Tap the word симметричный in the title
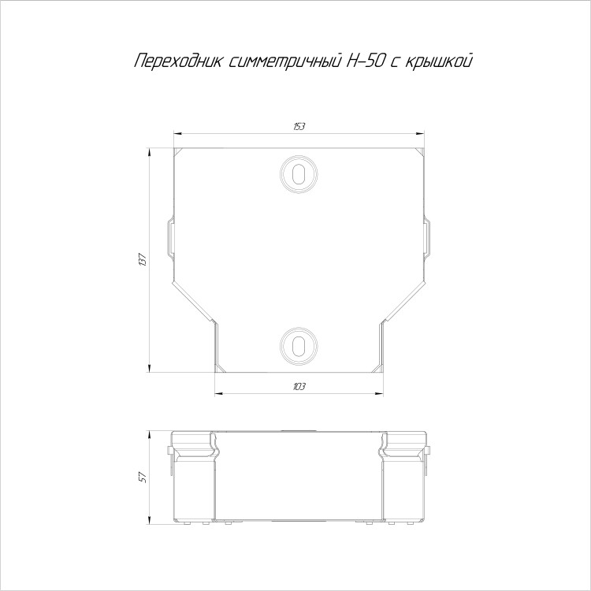285,61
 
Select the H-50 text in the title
365,61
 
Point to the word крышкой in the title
439,61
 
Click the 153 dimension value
299,127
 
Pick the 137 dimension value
143,260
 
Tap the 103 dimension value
299,387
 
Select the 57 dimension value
143,478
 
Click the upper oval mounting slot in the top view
299,174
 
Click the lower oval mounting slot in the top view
299,345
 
